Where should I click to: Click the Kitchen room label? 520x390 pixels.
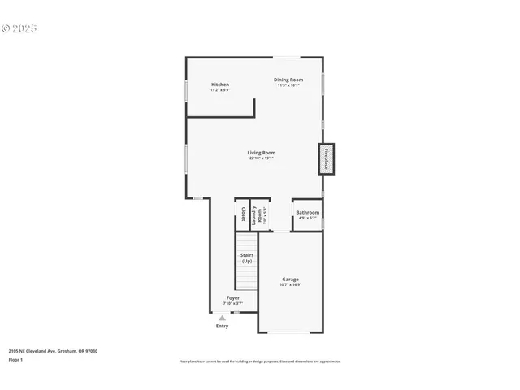pyautogui.click(x=220, y=84)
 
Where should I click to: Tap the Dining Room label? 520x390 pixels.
pyautogui.click(x=288, y=80)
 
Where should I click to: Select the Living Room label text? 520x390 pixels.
pyautogui.click(x=262, y=153)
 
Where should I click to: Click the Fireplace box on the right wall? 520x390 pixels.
pyautogui.click(x=326, y=158)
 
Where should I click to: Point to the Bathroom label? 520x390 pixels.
pyautogui.click(x=308, y=213)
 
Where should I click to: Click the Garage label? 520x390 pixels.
pyautogui.click(x=290, y=279)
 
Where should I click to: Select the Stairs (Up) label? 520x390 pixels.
pyautogui.click(x=247, y=258)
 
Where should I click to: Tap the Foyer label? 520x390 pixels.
pyautogui.click(x=233, y=299)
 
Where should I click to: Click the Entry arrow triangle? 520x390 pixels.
pyautogui.click(x=222, y=318)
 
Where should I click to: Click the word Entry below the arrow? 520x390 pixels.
pyautogui.click(x=222, y=327)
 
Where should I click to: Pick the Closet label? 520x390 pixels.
pyautogui.click(x=242, y=214)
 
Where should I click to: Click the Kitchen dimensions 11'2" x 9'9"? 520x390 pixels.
pyautogui.click(x=220, y=90)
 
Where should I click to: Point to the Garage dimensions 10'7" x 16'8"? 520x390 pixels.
pyautogui.click(x=290, y=285)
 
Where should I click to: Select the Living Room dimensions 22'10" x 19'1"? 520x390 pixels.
pyautogui.click(x=262, y=158)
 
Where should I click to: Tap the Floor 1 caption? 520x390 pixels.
pyautogui.click(x=16, y=359)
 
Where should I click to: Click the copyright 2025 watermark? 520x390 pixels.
pyautogui.click(x=20, y=28)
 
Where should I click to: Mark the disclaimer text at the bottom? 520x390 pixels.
pyautogui.click(x=260, y=362)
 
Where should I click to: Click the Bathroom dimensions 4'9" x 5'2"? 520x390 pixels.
pyautogui.click(x=308, y=219)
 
